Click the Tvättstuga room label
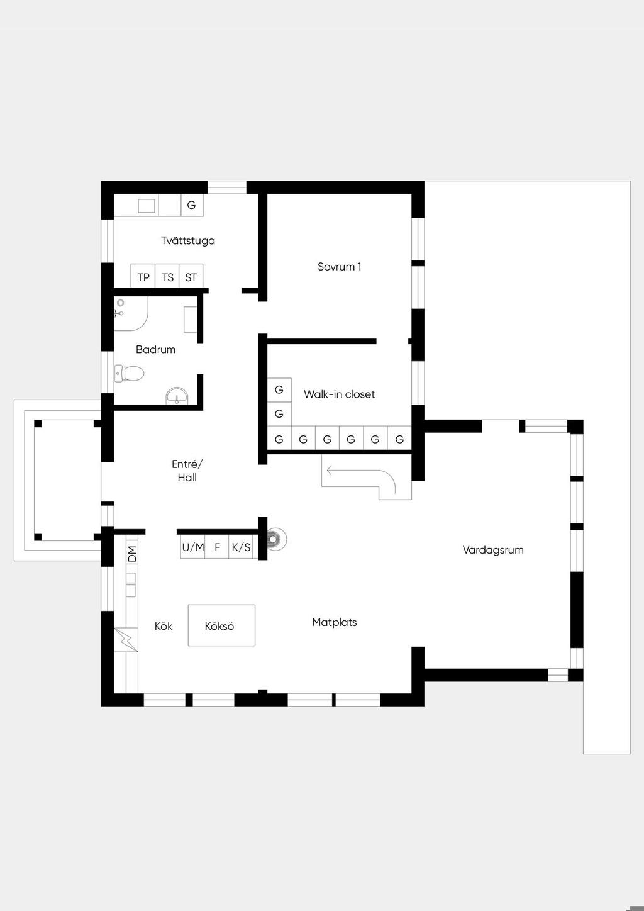click(x=188, y=241)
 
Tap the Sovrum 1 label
click(x=339, y=267)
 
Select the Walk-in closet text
click(x=339, y=394)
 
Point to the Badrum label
click(x=156, y=349)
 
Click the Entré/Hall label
click(x=187, y=471)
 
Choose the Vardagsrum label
click(x=493, y=551)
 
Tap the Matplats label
click(x=334, y=622)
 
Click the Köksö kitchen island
click(x=221, y=625)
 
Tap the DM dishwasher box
click(x=132, y=554)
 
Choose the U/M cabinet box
click(x=192, y=547)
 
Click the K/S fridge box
click(x=241, y=547)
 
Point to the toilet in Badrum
click(x=130, y=373)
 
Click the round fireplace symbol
click(x=277, y=539)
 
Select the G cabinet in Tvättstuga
click(x=192, y=205)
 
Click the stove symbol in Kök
click(x=126, y=639)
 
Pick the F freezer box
click(x=217, y=547)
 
